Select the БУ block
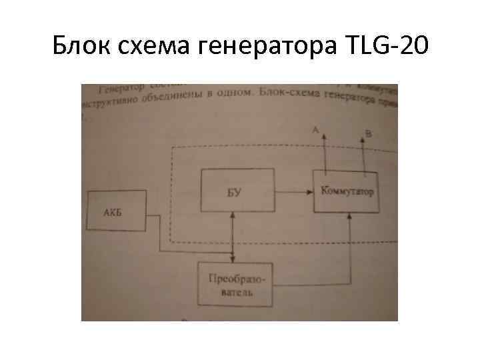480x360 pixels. point(237,191)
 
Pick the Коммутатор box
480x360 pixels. point(347,191)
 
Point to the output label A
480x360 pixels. point(315,131)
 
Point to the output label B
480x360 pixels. point(369,133)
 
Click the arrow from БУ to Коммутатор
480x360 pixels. point(293,192)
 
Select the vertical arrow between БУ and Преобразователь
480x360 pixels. point(231,237)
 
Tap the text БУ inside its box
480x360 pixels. point(234,193)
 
